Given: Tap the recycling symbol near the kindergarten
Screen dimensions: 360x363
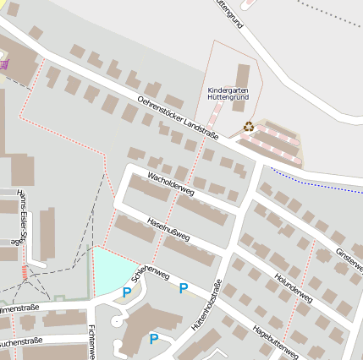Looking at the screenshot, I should tap(249, 126).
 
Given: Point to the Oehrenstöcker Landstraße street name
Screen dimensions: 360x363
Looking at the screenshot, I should tap(178, 117).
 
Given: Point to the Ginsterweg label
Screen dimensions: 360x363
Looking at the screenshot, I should tap(349, 259).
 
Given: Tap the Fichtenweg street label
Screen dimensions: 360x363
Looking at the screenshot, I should tap(91, 338).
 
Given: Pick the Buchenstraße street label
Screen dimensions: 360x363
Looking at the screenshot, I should tap(20, 341).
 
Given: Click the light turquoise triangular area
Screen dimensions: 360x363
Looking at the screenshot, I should tap(110, 270).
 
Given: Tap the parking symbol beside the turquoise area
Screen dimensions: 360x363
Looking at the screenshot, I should tap(127, 292).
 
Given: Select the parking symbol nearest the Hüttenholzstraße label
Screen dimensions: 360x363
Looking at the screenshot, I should tap(183, 288).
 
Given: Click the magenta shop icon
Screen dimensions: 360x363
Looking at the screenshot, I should tap(4, 63).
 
